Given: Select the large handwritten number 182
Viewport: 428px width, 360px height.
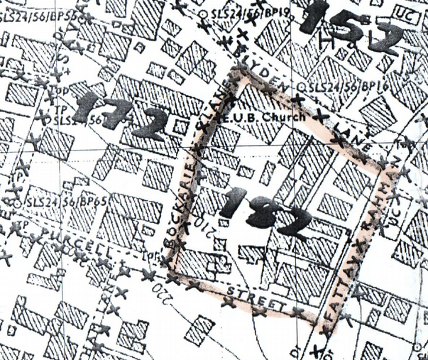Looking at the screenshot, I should pyautogui.click(x=262, y=212).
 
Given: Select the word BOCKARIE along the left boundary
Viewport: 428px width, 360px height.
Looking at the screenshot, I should pyautogui.click(x=180, y=205).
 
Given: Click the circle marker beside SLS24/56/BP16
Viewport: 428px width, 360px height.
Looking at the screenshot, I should pyautogui.click(x=302, y=87).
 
